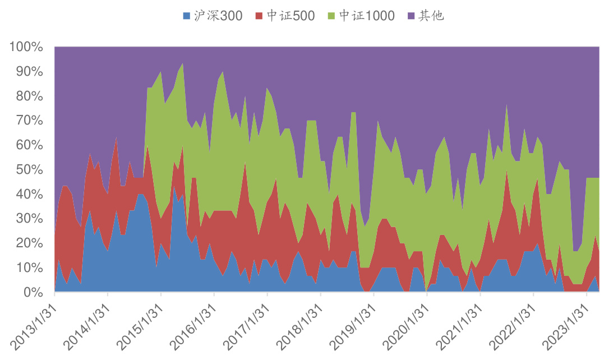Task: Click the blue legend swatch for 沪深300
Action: point(187,16)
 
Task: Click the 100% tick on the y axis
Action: point(26,47)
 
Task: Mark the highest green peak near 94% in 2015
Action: point(182,64)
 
